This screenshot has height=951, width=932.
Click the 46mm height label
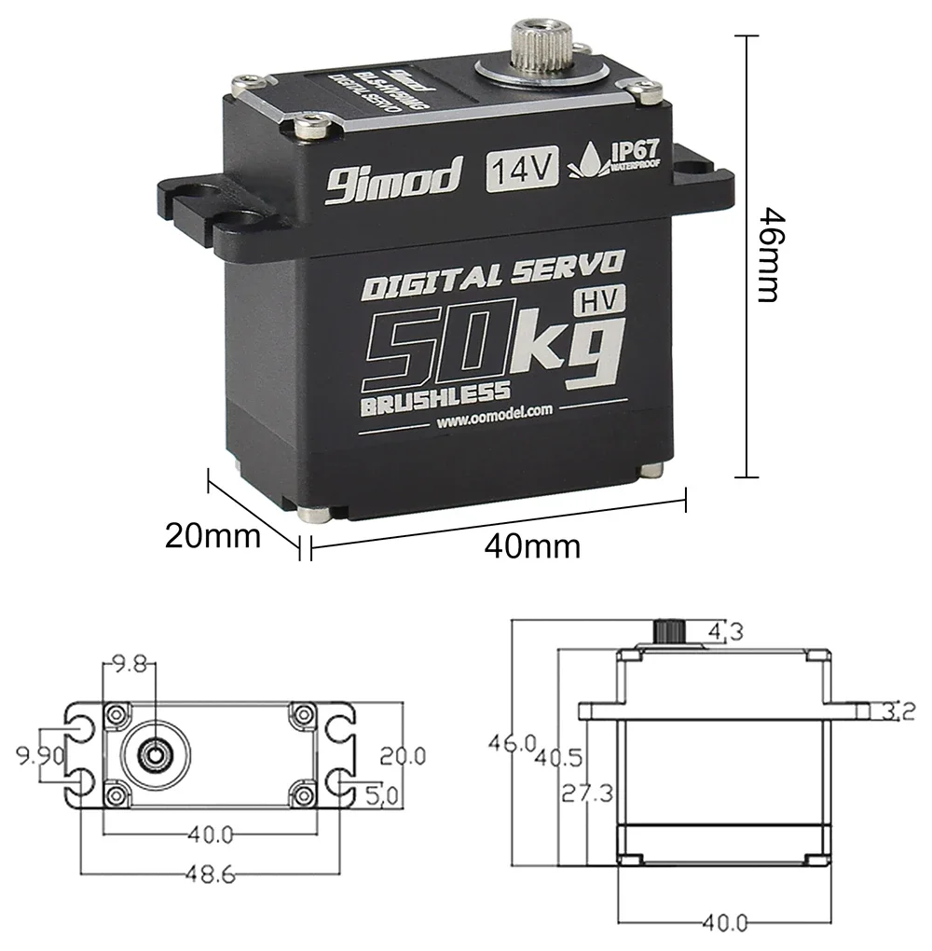(x=766, y=254)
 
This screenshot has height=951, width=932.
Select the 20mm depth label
(x=213, y=536)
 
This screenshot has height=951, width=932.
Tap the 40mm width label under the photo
(x=532, y=544)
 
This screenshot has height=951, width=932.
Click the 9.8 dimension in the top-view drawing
(x=130, y=664)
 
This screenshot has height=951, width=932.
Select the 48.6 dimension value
(x=207, y=875)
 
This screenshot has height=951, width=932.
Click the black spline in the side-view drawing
(x=668, y=630)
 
